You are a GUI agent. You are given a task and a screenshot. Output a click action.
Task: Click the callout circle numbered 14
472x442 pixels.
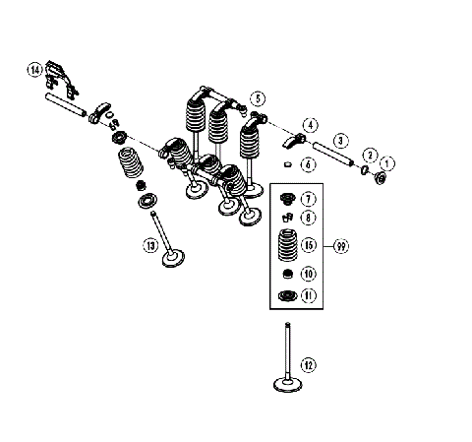click(34, 70)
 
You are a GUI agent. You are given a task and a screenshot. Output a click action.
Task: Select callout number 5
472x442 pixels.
click(258, 97)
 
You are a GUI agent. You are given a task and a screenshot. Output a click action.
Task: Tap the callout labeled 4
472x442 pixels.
click(311, 125)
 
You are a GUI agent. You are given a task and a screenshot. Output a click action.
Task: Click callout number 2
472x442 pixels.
click(370, 155)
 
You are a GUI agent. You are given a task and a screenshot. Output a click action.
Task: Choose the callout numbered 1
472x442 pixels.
click(386, 162)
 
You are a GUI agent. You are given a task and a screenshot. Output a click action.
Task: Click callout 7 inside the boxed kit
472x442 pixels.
click(309, 199)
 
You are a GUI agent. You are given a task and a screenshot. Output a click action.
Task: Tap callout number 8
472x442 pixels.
click(309, 218)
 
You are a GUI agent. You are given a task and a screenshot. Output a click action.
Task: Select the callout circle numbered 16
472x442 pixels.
click(309, 245)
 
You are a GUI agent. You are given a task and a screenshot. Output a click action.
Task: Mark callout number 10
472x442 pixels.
click(309, 273)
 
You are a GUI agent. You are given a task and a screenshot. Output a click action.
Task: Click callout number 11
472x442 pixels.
click(309, 295)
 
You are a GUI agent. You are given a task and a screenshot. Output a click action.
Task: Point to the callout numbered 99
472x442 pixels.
click(340, 245)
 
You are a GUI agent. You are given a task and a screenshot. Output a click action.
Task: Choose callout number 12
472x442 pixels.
click(309, 365)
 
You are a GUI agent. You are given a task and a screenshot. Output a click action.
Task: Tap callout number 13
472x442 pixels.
click(151, 245)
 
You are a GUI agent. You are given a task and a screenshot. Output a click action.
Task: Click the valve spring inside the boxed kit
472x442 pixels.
click(287, 244)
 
